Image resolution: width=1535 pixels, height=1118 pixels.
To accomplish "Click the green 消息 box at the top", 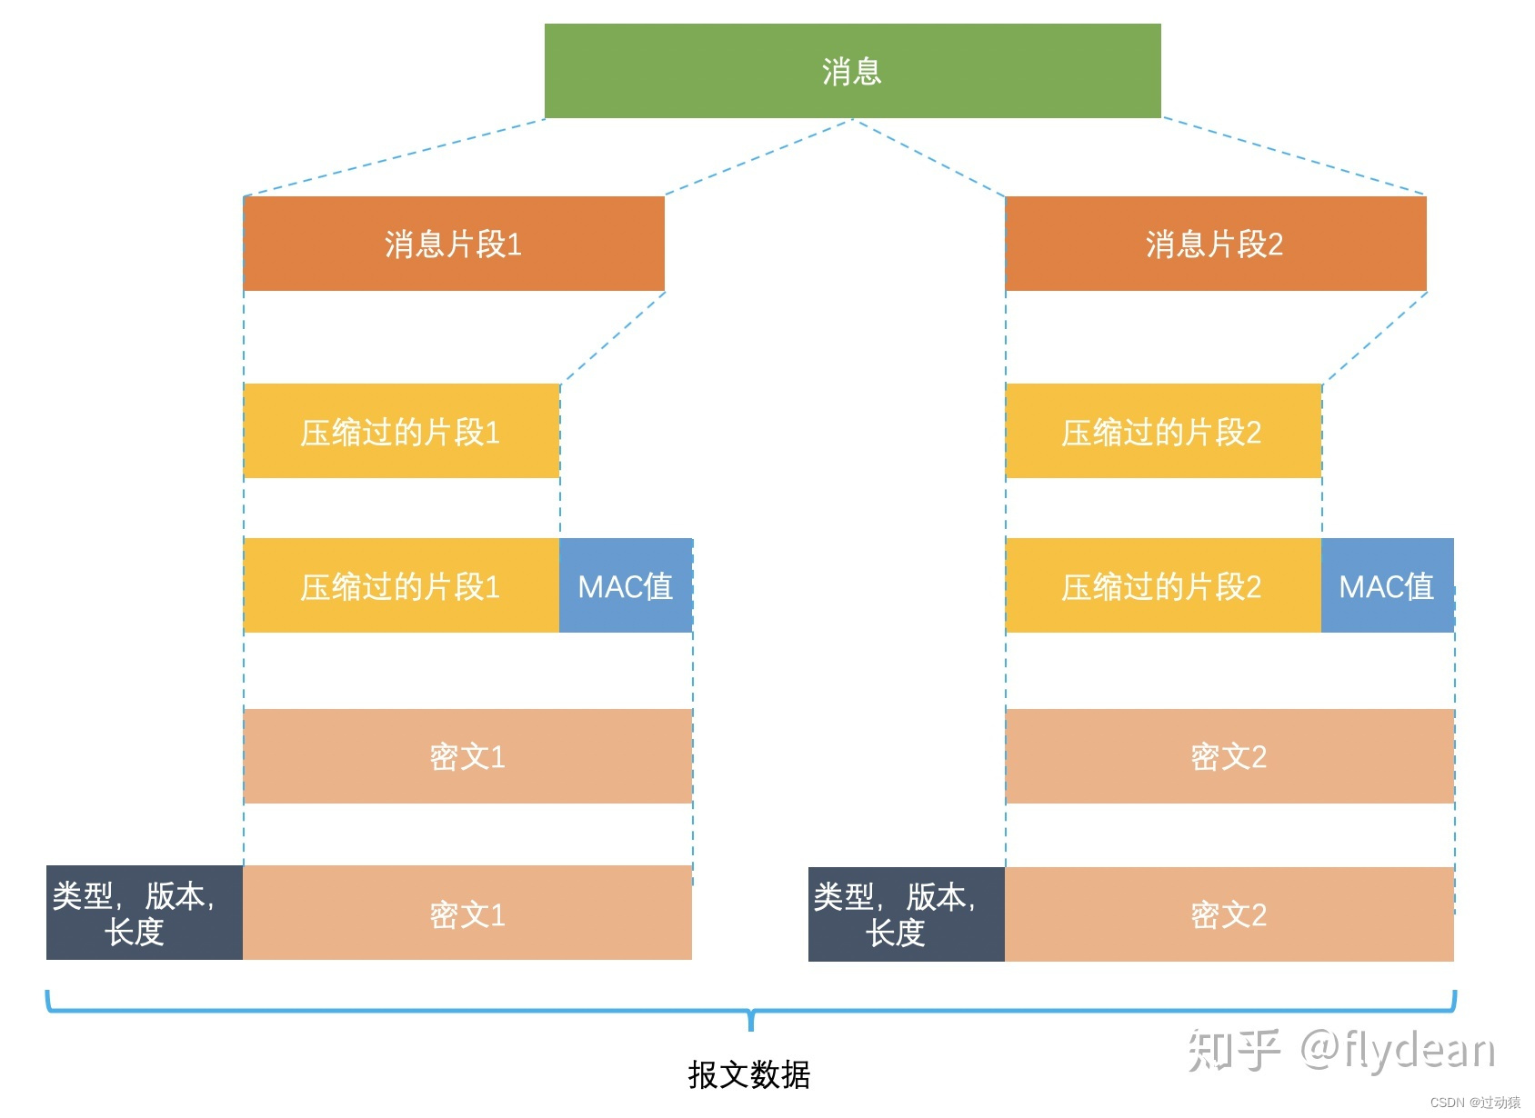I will [852, 71].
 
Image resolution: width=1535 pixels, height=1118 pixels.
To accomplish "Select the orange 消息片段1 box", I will [454, 244].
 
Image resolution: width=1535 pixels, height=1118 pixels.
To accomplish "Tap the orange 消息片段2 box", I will [1215, 244].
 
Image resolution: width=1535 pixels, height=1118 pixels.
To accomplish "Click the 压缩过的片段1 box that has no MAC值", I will [401, 432].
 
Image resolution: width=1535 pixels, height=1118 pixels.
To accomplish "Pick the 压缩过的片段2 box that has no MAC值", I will [1162, 432].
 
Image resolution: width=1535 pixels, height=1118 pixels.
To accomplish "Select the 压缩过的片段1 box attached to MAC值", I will [401, 586].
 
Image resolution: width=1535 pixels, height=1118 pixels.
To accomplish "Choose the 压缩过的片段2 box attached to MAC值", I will [1162, 586].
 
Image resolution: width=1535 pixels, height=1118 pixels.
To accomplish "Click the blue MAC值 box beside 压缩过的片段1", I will [626, 586].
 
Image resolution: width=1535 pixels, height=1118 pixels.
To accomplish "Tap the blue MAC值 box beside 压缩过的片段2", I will [1387, 586].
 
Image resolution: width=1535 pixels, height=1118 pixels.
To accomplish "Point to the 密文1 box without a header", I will [467, 756].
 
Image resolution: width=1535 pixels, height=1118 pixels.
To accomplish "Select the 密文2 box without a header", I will [1229, 756].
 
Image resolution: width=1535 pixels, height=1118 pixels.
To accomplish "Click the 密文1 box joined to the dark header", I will [467, 913].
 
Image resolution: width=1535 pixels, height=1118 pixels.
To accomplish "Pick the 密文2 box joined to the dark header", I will [1229, 914].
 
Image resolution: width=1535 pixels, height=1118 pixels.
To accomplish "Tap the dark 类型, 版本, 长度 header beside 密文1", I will [144, 913].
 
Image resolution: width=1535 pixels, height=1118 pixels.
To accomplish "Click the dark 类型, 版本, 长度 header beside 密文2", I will [906, 914].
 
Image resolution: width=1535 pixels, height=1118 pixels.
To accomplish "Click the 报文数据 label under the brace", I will [749, 1074].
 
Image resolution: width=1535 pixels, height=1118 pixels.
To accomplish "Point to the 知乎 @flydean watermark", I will [1341, 1051].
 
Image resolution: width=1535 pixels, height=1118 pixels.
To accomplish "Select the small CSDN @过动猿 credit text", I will [1475, 1103].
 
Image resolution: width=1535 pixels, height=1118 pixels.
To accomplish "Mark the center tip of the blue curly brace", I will [751, 1025].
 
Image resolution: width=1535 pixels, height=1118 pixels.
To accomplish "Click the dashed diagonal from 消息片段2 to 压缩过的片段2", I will [1375, 336].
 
